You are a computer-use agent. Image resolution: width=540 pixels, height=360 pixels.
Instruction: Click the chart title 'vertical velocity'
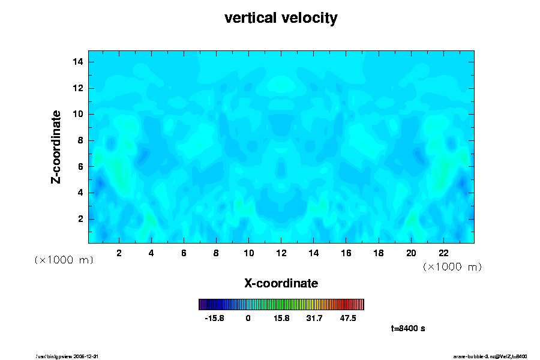click(x=281, y=19)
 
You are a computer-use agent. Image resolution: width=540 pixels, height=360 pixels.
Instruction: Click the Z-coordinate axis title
click(x=56, y=146)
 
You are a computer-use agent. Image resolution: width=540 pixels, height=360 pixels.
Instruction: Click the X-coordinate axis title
click(x=281, y=283)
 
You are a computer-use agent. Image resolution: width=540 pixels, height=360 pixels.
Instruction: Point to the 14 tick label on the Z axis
click(x=77, y=62)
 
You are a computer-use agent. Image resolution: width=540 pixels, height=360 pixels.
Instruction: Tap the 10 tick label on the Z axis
click(x=77, y=114)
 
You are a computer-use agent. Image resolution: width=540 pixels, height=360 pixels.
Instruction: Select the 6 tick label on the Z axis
click(x=80, y=166)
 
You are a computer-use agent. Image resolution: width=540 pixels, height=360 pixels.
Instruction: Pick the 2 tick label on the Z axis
click(x=80, y=218)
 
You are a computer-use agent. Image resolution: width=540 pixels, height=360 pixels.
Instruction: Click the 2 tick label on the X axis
click(x=119, y=253)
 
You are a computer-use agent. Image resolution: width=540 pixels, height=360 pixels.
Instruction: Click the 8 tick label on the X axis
click(x=216, y=253)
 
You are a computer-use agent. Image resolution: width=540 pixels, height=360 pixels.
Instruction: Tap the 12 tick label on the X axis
click(x=281, y=253)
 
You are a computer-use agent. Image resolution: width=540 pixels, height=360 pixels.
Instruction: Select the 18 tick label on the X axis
click(x=379, y=253)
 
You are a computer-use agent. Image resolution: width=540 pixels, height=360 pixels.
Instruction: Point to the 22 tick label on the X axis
click(x=443, y=253)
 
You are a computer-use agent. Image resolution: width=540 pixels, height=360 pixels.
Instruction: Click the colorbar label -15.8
click(x=214, y=319)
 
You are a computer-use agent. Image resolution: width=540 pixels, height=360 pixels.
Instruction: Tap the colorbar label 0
click(x=248, y=319)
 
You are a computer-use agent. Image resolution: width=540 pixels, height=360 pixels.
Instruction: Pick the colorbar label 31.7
click(x=314, y=319)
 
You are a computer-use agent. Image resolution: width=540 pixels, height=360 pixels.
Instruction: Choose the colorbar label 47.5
click(x=348, y=319)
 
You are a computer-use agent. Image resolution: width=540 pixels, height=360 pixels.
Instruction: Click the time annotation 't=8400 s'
click(x=408, y=328)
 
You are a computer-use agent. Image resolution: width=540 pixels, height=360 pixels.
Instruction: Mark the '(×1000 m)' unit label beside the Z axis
click(x=64, y=260)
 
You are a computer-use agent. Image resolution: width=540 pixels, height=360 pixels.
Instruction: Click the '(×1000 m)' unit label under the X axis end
click(x=452, y=266)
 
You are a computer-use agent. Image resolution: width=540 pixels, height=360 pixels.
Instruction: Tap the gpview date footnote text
click(x=72, y=356)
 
